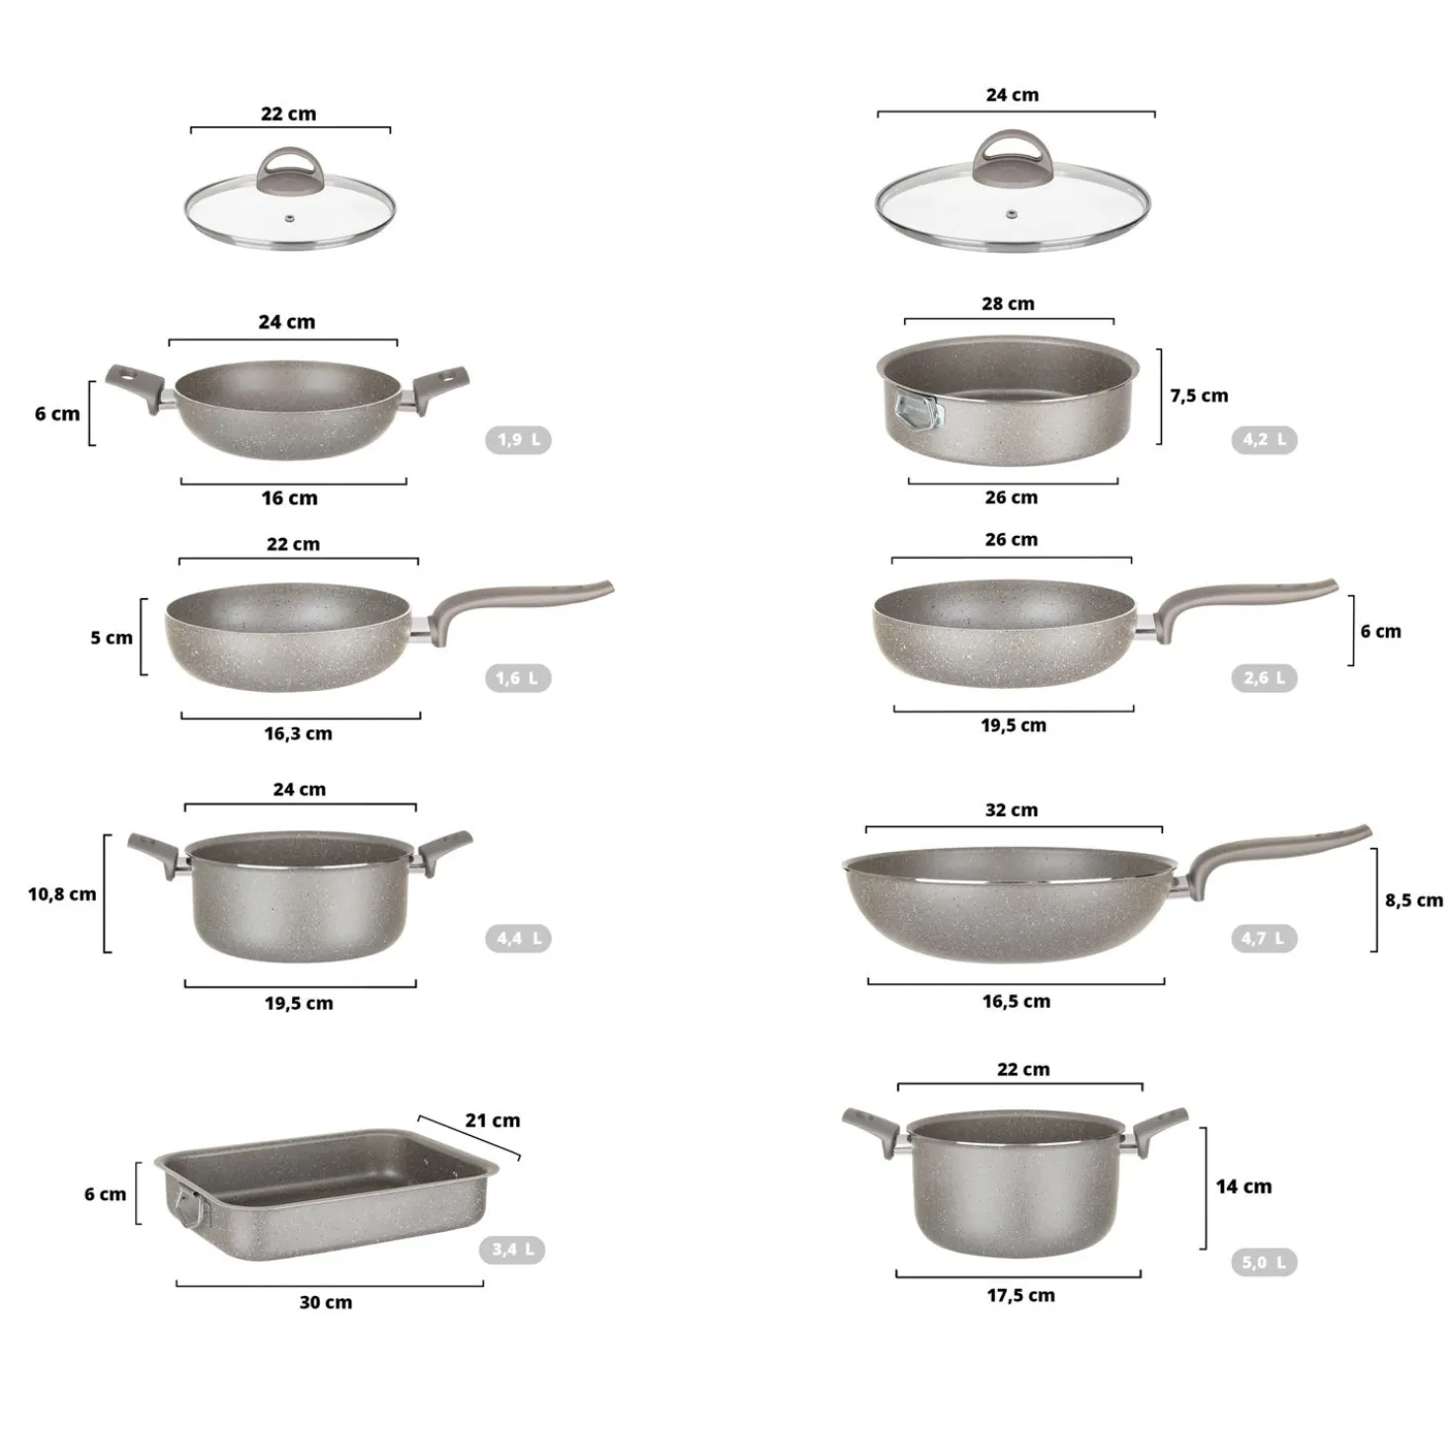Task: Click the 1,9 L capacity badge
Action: pos(518,439)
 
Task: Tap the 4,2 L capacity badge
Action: pos(1264,439)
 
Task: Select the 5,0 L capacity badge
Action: pos(1264,1261)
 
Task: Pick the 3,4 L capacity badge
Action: pos(512,1250)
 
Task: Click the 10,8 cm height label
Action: pos(62,894)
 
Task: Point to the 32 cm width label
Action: pos(1012,810)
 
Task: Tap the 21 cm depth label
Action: pos(493,1120)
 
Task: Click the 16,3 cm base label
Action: pos(298,734)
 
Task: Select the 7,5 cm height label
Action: pos(1199,396)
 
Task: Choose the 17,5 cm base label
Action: pos(1021,1295)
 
